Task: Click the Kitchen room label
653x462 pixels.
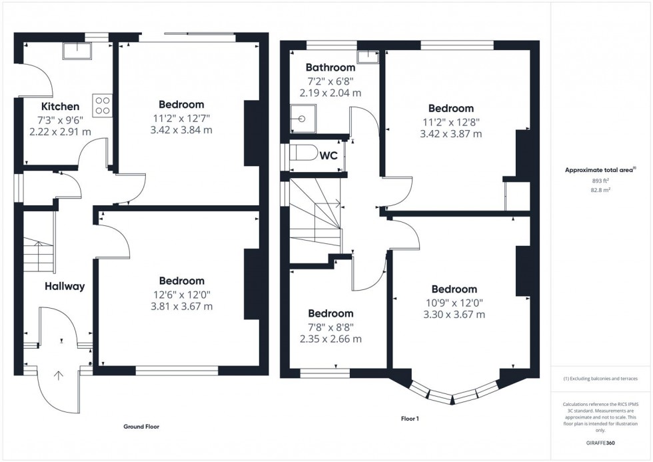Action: (60, 107)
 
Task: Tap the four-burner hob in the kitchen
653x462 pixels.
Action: (103, 105)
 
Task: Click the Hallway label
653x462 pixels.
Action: (65, 287)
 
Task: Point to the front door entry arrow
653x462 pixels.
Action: (59, 375)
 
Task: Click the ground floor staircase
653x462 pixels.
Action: (39, 256)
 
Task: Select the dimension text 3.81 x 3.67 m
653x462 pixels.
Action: (181, 307)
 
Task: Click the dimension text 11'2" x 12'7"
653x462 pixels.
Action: (181, 118)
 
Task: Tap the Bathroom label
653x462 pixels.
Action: (330, 67)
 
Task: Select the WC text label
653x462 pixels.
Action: (328, 156)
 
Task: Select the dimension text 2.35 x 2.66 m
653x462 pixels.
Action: (330, 339)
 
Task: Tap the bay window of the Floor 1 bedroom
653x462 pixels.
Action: (453, 395)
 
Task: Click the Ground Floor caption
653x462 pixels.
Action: (141, 427)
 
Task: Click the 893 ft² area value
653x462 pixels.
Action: (601, 181)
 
